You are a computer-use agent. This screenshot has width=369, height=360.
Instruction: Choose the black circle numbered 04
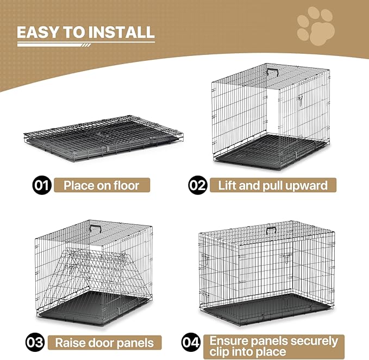(x=191, y=343)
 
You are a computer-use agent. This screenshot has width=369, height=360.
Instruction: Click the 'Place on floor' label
(x=101, y=185)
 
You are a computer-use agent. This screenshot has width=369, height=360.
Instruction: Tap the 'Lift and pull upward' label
(x=272, y=185)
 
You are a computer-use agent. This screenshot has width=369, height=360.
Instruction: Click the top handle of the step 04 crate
(x=271, y=229)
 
